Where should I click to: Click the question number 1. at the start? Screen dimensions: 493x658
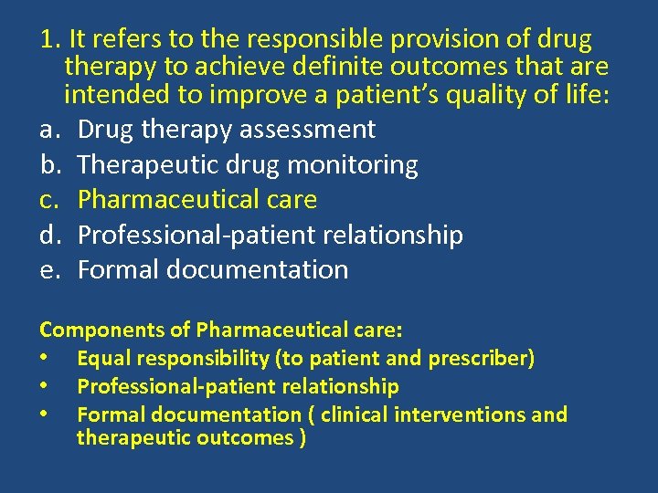click(x=49, y=40)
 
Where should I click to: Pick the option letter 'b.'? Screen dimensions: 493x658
click(x=49, y=165)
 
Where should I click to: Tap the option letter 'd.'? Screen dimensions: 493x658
click(x=49, y=236)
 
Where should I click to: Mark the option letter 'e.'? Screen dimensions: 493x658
click(x=49, y=270)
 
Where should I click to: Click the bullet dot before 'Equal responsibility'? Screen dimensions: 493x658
click(x=44, y=358)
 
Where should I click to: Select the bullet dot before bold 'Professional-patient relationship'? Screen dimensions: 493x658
click(x=44, y=386)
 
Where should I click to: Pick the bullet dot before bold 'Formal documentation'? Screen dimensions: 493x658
click(x=44, y=414)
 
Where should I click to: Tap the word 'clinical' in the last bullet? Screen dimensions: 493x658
click(x=355, y=414)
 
